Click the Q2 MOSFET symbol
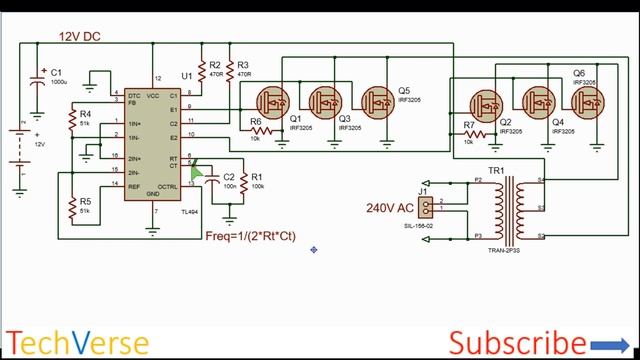488,101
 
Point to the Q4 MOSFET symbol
539,101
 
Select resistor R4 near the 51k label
71,123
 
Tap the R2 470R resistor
203,70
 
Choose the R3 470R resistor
230,70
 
